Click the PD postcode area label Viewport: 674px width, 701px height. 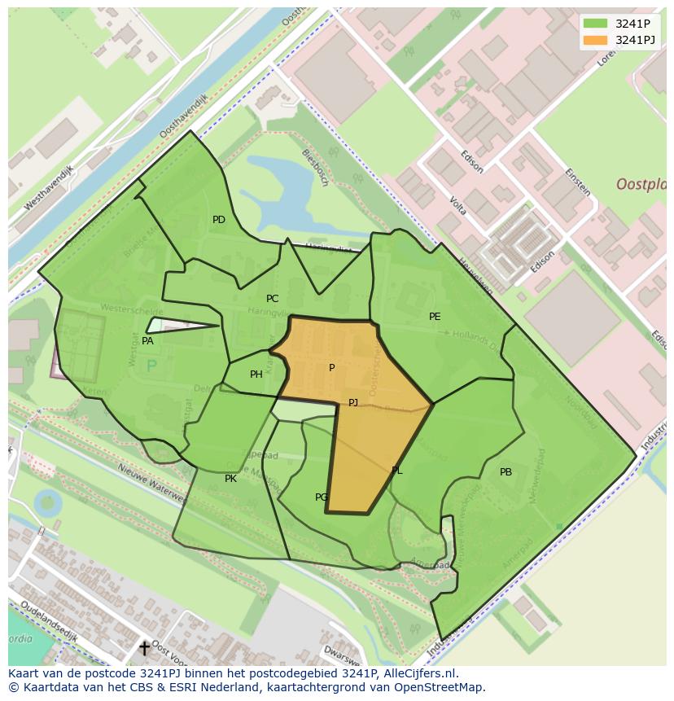click(x=219, y=220)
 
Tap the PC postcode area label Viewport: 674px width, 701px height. click(x=272, y=299)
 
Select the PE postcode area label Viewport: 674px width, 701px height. click(x=435, y=317)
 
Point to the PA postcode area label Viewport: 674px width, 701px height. click(x=147, y=341)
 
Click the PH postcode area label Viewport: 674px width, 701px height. click(x=256, y=375)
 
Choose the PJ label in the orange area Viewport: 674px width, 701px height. click(x=353, y=403)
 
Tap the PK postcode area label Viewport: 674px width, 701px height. click(x=230, y=479)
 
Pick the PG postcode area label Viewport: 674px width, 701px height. click(x=322, y=497)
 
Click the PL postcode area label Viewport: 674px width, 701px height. click(x=396, y=471)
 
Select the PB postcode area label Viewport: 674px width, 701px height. click(x=505, y=472)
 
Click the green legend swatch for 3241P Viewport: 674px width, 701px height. click(x=595, y=24)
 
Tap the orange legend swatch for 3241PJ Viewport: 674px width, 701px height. click(x=595, y=40)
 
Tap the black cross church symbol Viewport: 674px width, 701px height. click(x=145, y=648)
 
